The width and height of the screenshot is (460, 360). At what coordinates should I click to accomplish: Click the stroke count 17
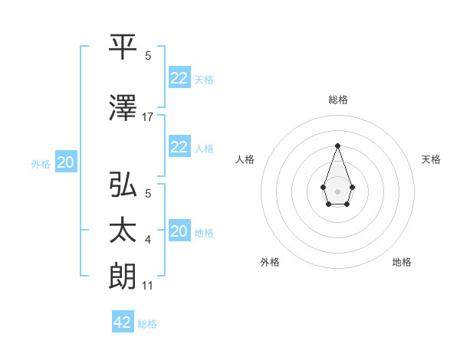(148, 117)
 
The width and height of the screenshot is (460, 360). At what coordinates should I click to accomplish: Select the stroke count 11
(148, 286)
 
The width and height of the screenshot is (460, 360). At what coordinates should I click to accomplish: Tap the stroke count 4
(148, 241)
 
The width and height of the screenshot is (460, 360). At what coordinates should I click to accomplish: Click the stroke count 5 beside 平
(148, 55)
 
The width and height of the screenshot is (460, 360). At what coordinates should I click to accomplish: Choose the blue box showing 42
(123, 322)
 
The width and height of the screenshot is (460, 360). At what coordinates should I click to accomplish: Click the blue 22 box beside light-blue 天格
(179, 78)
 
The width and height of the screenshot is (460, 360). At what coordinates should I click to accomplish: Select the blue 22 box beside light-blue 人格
(179, 147)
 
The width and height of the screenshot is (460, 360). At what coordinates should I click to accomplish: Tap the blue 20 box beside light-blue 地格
(179, 231)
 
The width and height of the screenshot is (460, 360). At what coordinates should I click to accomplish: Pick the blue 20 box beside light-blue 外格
(66, 162)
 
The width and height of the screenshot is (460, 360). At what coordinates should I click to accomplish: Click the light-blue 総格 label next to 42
(147, 324)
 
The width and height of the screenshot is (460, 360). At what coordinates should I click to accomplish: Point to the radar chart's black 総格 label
(337, 100)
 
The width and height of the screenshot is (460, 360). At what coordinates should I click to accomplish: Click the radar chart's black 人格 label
(245, 159)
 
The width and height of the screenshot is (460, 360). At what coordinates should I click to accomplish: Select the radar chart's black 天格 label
(431, 159)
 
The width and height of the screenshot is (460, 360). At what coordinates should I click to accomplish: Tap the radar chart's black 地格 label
(402, 262)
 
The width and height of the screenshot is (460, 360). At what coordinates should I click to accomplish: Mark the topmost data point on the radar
(337, 146)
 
